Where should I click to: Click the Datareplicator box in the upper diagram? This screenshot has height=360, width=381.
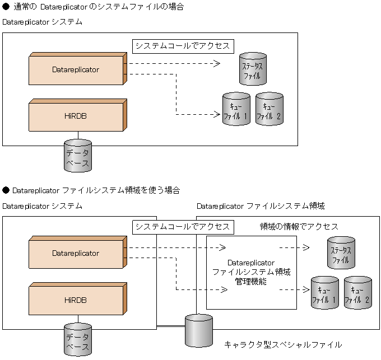[x=75, y=70]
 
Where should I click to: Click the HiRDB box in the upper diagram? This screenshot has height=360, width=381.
[x=75, y=116]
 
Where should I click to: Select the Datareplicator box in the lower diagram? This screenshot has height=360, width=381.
[x=75, y=254]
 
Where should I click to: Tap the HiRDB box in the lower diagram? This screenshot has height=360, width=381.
[x=75, y=300]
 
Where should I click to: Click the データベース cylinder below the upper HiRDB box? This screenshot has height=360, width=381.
[x=77, y=155]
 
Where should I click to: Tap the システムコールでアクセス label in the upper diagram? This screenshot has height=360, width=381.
[x=182, y=45]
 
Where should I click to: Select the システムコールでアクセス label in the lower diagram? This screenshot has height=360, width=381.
[x=182, y=227]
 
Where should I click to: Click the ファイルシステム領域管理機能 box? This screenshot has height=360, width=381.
[x=251, y=272]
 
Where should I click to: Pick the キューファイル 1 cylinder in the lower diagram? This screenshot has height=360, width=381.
[x=324, y=293]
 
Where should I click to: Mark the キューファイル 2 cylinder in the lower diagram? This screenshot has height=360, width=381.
[x=358, y=293]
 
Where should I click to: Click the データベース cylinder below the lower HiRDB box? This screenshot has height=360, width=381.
[x=77, y=339]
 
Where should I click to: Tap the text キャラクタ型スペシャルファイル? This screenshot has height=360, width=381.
[x=282, y=344]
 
